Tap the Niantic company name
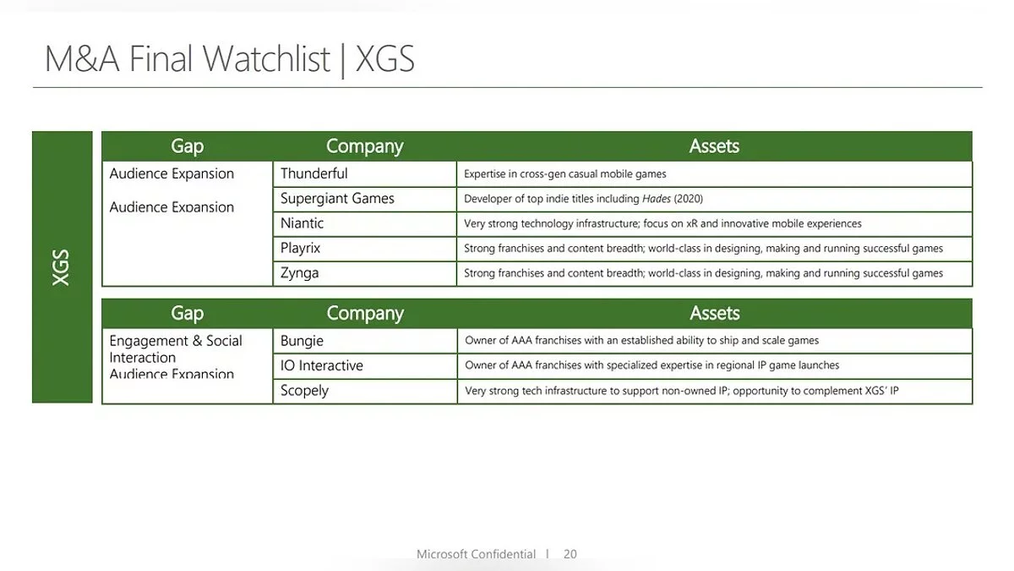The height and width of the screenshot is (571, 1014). click(x=302, y=223)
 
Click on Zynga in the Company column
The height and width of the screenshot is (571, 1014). click(x=300, y=273)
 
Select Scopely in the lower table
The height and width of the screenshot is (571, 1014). click(x=304, y=391)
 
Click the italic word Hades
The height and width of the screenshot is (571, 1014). click(x=657, y=199)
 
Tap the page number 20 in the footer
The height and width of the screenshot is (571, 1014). click(x=570, y=554)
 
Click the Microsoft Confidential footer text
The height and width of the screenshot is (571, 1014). click(x=476, y=554)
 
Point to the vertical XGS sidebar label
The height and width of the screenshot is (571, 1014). click(x=61, y=267)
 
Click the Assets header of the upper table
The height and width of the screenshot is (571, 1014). click(x=714, y=146)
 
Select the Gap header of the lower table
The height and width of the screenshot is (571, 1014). click(x=187, y=314)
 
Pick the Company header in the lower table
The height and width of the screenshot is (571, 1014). click(x=365, y=314)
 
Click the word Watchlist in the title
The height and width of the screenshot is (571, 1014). click(x=266, y=59)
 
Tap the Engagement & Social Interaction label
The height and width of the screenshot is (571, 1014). click(x=176, y=349)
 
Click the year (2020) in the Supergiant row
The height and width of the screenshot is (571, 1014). click(x=688, y=199)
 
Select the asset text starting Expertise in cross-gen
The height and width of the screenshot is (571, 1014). click(x=565, y=174)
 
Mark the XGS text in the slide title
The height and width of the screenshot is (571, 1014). click(x=384, y=59)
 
